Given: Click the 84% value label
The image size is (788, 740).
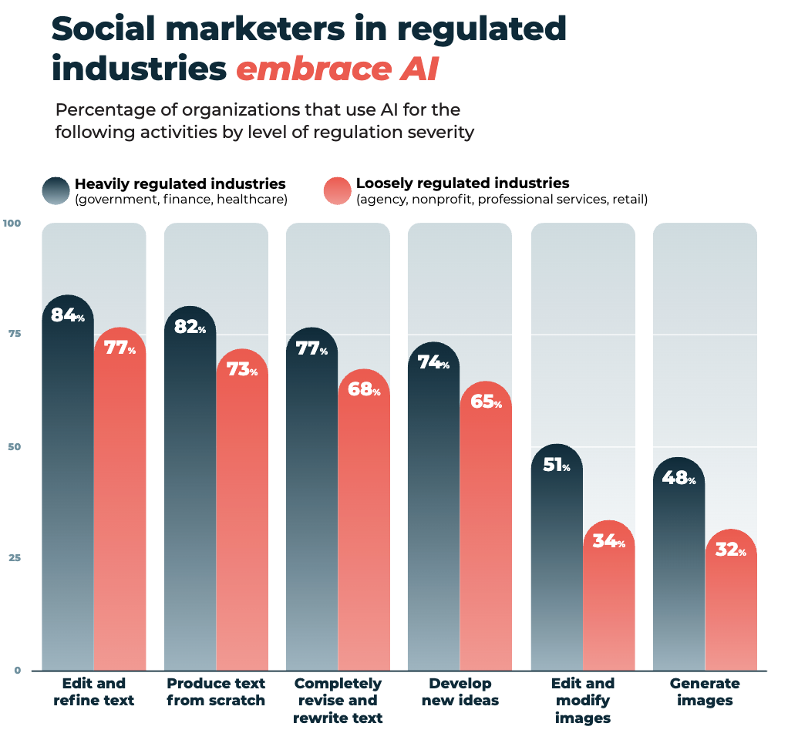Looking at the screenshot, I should [x=67, y=315].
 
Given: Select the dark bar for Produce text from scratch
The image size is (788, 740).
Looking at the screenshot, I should [x=190, y=501].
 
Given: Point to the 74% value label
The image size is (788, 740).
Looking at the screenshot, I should [x=433, y=362].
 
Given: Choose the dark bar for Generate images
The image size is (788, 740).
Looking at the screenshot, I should [x=679, y=578].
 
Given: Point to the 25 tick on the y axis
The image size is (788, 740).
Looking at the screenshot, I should [x=15, y=558].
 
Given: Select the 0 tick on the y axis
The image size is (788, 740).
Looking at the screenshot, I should [x=17, y=670].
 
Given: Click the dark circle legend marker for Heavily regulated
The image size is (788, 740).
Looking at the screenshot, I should [x=56, y=190].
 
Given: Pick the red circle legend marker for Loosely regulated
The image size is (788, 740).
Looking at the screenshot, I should [x=337, y=190].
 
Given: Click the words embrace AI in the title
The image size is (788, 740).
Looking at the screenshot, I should [x=337, y=69].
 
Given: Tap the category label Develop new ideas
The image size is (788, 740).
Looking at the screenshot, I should [x=460, y=692].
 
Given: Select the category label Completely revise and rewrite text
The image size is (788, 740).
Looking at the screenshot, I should [x=338, y=701].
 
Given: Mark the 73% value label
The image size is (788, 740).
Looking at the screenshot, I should [x=241, y=370].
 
